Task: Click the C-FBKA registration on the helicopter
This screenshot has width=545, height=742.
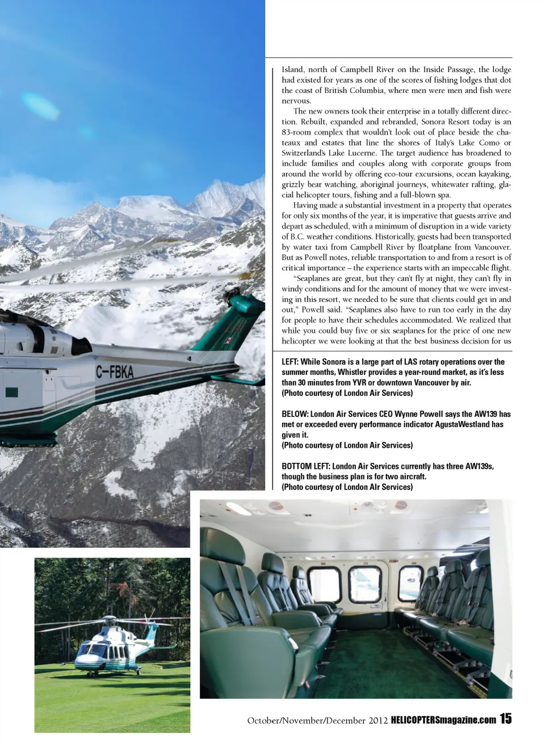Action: (x=114, y=372)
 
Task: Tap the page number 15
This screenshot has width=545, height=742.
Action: (x=505, y=719)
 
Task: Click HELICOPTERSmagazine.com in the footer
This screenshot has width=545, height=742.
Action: (x=443, y=720)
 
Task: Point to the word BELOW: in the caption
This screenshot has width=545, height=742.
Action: (x=295, y=414)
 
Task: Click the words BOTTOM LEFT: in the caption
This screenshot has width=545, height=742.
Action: (x=305, y=466)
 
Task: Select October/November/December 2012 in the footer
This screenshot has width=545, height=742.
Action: (x=317, y=720)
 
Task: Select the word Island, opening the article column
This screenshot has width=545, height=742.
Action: (x=293, y=70)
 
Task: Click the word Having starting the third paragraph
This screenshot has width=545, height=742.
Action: (x=305, y=205)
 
